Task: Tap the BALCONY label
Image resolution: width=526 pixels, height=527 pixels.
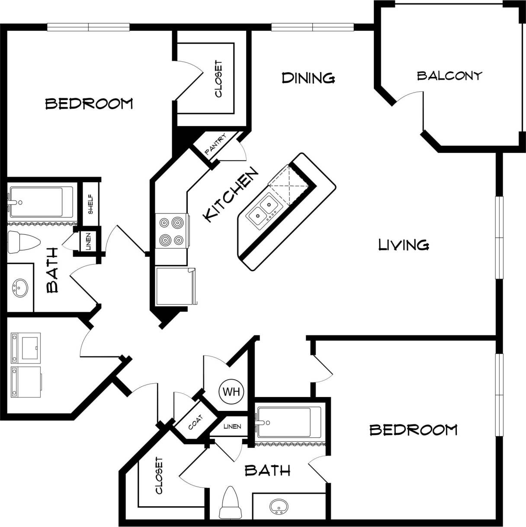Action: [x=449, y=76]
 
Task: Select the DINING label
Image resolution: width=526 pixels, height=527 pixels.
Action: [x=308, y=78]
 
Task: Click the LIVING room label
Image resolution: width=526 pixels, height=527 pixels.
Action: [x=403, y=245]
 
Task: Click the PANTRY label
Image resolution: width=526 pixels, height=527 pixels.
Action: [x=215, y=144]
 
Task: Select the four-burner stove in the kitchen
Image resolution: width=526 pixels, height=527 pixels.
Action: [x=171, y=231]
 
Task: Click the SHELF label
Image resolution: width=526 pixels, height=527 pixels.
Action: [x=91, y=203]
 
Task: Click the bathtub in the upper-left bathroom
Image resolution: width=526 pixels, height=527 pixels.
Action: [x=41, y=202]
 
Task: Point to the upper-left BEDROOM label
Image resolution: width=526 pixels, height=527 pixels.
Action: [x=89, y=104]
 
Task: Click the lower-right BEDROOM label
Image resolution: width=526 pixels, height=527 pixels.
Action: [x=413, y=430]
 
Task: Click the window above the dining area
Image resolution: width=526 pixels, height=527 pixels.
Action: [x=312, y=27]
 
